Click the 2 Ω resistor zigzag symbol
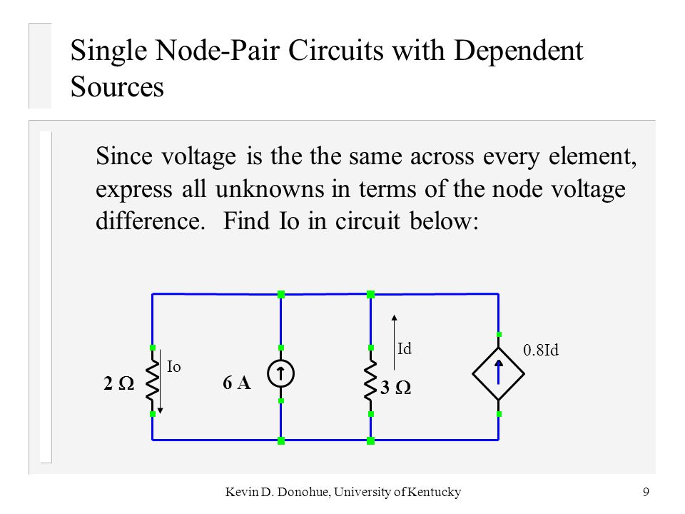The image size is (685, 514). pyautogui.click(x=153, y=381)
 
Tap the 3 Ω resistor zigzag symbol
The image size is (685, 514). pyautogui.click(x=370, y=381)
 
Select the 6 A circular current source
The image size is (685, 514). pyautogui.click(x=281, y=374)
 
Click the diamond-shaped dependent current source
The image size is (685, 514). pyautogui.click(x=499, y=374)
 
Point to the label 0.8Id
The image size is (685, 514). pyautogui.click(x=541, y=350)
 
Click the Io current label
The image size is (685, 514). pyautogui.click(x=174, y=367)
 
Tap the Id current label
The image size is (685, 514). pyautogui.click(x=405, y=349)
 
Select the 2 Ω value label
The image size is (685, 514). pyautogui.click(x=119, y=383)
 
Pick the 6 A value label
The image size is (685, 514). pyautogui.click(x=237, y=383)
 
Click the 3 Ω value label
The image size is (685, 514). pyautogui.click(x=396, y=388)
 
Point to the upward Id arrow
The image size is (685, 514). pyautogui.click(x=394, y=342)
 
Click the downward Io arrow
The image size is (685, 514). pyautogui.click(x=161, y=381)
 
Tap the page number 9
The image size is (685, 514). pyautogui.click(x=646, y=492)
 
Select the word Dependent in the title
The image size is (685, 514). pyautogui.click(x=519, y=51)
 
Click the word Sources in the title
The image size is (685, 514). pyautogui.click(x=117, y=86)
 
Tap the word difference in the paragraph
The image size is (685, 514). pyautogui.click(x=151, y=221)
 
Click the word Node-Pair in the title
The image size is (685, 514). pyautogui.click(x=218, y=51)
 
